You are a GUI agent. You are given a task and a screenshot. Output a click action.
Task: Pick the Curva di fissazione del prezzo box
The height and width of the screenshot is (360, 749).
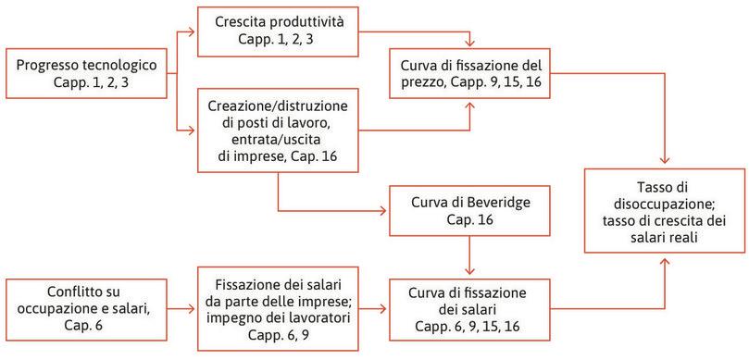tap(473, 75)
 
